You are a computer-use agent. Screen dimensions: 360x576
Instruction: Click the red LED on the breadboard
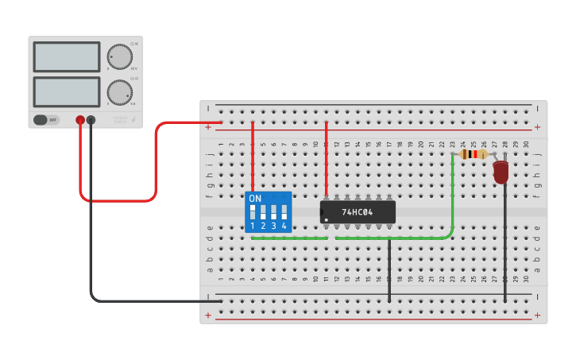(501, 171)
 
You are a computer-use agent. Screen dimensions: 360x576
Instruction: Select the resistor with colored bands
(474, 154)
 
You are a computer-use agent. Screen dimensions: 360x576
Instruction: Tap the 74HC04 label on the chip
(358, 212)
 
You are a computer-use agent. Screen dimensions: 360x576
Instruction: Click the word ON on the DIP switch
(255, 199)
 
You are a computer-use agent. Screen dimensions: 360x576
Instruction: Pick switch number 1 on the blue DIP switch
(253, 212)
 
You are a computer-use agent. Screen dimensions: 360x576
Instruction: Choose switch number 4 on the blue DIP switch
(284, 212)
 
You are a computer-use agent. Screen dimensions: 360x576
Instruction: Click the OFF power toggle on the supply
(46, 120)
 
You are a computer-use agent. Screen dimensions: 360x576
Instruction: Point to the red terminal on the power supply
(80, 120)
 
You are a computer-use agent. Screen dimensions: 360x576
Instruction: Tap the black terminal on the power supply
(91, 120)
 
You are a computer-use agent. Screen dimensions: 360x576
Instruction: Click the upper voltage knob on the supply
(120, 57)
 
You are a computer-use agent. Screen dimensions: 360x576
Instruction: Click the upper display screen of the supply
(67, 57)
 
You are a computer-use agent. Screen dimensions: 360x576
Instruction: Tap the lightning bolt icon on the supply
(133, 120)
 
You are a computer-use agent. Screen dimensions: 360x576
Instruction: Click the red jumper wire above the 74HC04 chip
(326, 159)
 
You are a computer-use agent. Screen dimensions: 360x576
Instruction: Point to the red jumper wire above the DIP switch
(253, 155)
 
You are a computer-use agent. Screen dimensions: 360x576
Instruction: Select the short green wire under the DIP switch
(289, 238)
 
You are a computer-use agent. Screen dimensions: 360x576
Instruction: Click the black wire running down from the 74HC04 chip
(389, 270)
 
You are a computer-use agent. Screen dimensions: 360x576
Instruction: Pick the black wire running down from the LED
(505, 246)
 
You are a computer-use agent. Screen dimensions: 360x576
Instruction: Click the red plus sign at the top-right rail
(537, 126)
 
